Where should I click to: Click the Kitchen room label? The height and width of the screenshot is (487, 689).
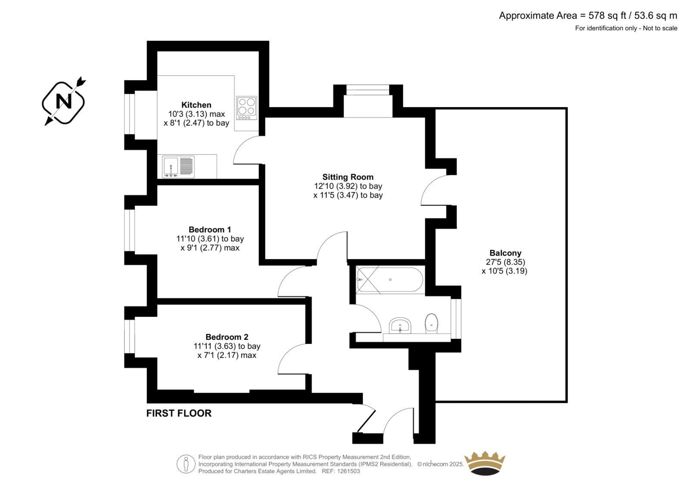(x=196, y=105)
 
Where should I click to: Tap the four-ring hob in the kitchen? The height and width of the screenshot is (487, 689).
(x=247, y=108)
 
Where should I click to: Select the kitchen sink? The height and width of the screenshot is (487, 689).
(x=178, y=167)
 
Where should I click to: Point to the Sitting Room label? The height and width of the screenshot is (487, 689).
(x=348, y=177)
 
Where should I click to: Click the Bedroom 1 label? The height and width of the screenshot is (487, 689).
(x=210, y=230)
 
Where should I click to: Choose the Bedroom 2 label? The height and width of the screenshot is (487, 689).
(x=227, y=337)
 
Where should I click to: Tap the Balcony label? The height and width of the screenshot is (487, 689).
(x=506, y=253)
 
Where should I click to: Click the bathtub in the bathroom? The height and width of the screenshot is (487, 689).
(x=390, y=279)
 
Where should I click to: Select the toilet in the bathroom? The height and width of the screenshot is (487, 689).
(x=431, y=323)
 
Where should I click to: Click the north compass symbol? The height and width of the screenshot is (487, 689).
(x=64, y=102)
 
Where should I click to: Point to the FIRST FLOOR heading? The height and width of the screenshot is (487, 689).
(x=179, y=413)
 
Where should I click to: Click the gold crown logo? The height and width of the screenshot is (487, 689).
(x=485, y=463)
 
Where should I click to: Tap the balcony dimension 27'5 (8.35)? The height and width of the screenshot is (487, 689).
(x=506, y=262)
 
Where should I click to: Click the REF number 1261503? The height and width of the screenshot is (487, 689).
(x=348, y=471)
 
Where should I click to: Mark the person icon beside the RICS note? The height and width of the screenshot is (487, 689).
(x=186, y=464)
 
